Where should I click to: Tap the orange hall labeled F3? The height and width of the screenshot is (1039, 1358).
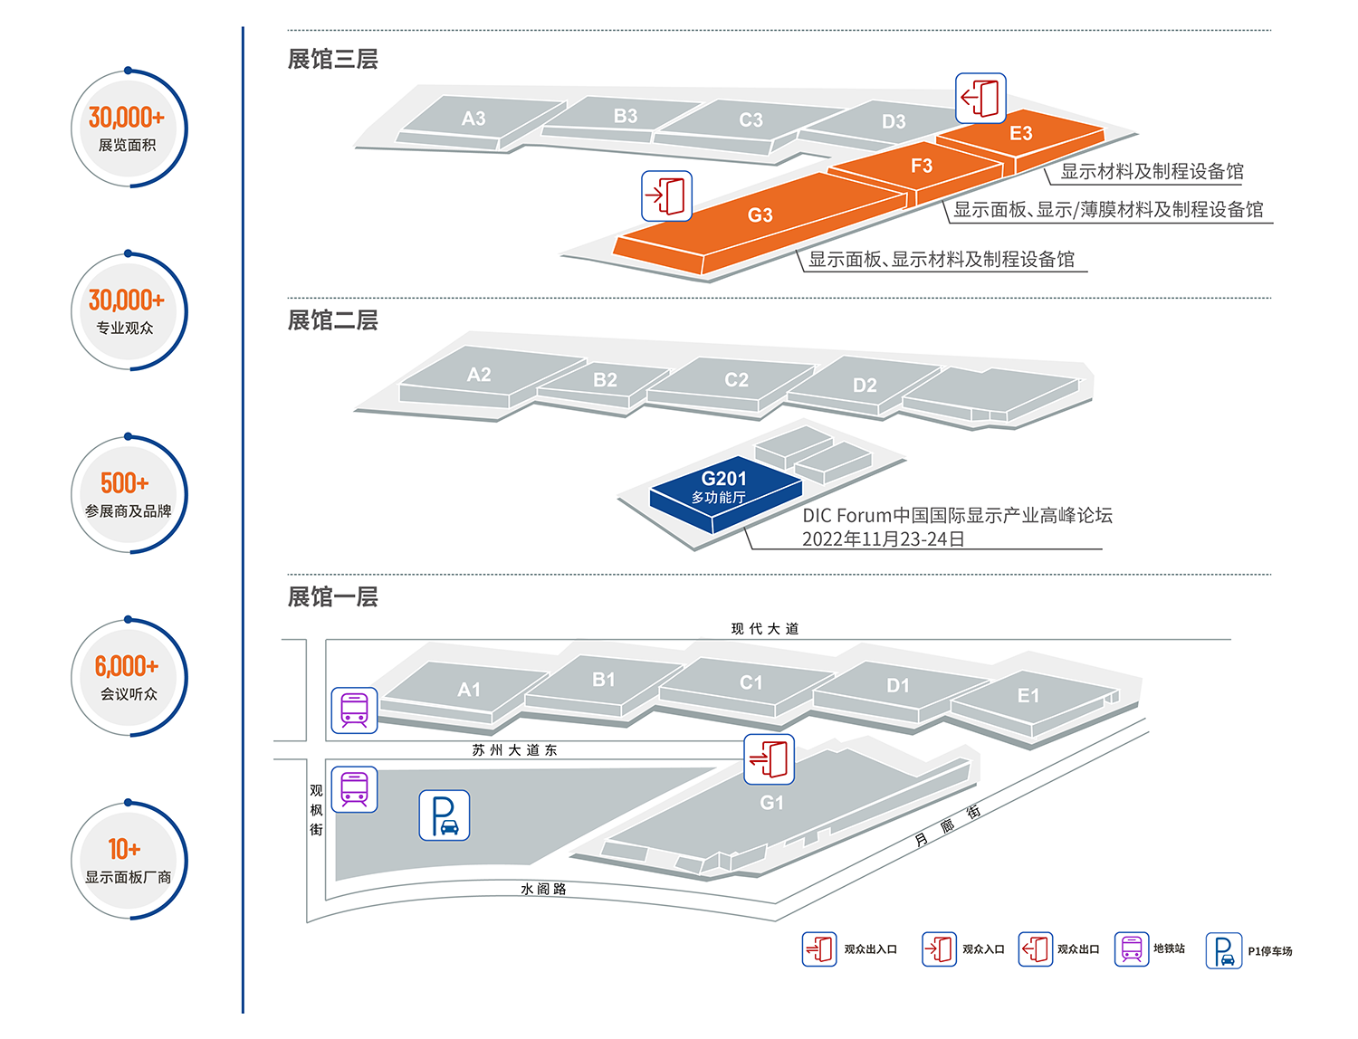(921, 167)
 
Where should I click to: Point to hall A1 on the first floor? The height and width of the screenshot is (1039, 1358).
(468, 690)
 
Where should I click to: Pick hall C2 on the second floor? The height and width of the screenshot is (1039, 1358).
(736, 380)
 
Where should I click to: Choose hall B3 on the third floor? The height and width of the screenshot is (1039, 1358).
(625, 117)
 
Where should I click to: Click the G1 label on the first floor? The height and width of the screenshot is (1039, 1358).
(771, 803)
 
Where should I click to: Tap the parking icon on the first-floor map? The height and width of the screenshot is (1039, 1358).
(444, 815)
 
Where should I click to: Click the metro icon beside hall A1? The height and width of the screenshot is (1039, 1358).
(354, 710)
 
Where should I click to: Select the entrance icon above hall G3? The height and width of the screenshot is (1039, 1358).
(666, 196)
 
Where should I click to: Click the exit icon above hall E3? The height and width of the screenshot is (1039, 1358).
(980, 98)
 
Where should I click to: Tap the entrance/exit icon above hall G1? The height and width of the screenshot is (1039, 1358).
(769, 758)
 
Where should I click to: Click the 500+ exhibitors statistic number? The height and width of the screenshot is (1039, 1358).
(125, 483)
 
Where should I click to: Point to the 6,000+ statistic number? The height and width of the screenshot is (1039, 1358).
(127, 667)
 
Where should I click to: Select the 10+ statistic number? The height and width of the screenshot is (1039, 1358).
(125, 850)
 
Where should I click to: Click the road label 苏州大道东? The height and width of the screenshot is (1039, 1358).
(514, 750)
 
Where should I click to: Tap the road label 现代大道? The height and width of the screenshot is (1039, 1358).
(765, 629)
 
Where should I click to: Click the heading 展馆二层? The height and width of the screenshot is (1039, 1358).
(332, 320)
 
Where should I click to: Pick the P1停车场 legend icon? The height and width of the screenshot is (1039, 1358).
(1223, 950)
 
